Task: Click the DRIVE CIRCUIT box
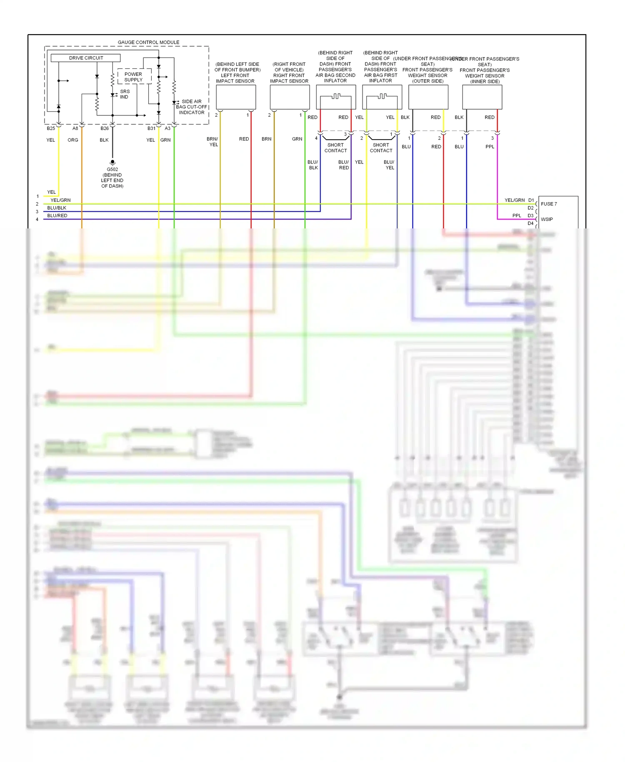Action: (x=85, y=58)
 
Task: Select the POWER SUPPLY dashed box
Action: (x=133, y=77)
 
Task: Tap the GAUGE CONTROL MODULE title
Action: (x=148, y=42)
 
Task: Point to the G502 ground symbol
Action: (x=112, y=162)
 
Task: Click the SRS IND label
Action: (x=125, y=94)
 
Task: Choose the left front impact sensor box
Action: (x=236, y=97)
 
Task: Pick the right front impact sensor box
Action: (x=290, y=97)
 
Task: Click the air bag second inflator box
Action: (x=336, y=97)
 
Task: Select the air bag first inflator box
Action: (x=382, y=97)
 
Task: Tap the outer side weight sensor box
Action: (x=428, y=97)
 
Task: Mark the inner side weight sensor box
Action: (x=482, y=97)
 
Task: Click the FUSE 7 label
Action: (x=549, y=204)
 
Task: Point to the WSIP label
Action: (x=547, y=219)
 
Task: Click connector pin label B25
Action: (x=51, y=128)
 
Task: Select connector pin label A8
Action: (x=75, y=128)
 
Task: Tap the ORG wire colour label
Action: (x=73, y=140)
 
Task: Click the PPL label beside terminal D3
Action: (x=517, y=216)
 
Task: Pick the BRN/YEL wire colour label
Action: (x=212, y=142)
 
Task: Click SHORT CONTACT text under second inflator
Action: (x=335, y=148)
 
